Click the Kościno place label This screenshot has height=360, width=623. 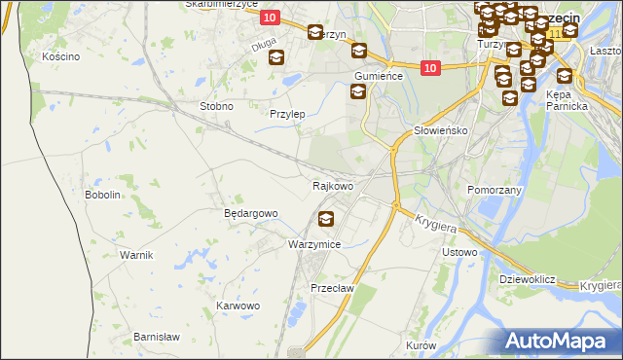pos(60,56)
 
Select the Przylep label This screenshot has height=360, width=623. pos(287,114)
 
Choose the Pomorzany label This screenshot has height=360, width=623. pos(495,190)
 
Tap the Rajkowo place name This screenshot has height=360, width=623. pos(332,185)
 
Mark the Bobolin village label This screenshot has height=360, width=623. pos(102,195)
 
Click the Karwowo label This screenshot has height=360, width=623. pos(238,306)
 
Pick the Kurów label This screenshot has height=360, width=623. pos(421,345)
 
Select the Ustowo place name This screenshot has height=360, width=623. pos(459,253)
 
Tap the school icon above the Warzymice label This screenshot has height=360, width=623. pos(325,219)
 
